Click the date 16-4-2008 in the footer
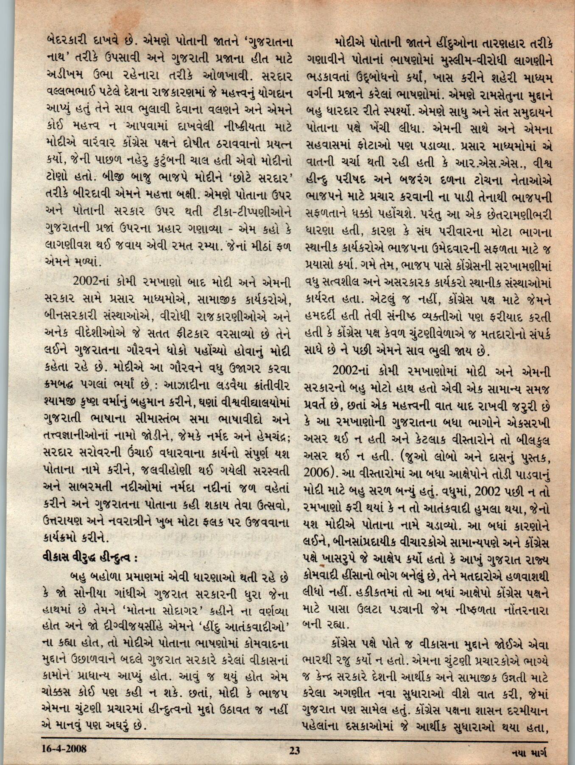coord(65,748)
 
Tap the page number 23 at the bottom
coord(294,750)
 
